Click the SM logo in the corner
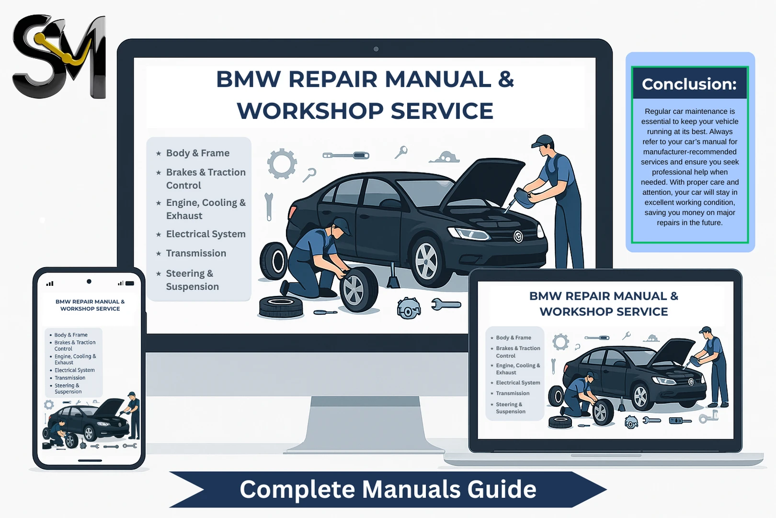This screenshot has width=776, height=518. pos(58,56)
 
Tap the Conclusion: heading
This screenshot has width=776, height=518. pos(689,84)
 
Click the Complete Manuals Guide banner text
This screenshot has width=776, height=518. pos(388,489)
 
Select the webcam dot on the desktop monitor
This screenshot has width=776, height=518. pos(376,49)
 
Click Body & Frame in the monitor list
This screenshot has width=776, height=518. pos(197,153)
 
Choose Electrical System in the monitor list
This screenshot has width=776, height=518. pos(205,234)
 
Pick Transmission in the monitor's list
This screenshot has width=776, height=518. pos(196,253)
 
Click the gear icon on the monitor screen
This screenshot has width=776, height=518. pos(282,164)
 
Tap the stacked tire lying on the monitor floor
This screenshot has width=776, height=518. pos(281,306)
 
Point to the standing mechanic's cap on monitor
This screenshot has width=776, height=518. pos(543,141)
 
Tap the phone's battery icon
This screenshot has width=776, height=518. pos(129,283)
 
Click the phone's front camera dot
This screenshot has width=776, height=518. pos(89,282)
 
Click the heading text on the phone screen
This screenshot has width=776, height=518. pos(90,305)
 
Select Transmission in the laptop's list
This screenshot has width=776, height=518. pos(513,393)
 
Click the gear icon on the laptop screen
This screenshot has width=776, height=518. pos(560,342)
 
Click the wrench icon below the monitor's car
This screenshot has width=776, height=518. pos(445,305)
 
